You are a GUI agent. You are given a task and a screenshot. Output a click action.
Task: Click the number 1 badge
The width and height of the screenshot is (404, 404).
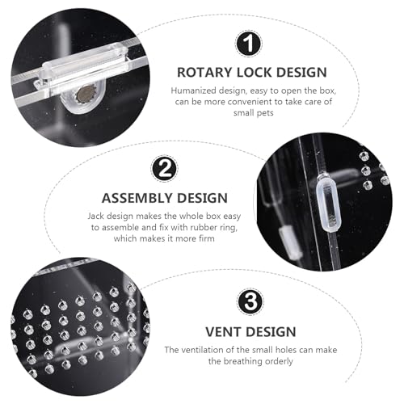248,44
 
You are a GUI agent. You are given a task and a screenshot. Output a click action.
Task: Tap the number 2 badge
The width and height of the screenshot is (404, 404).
165,169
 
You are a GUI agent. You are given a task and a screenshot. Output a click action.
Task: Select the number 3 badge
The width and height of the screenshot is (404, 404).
250,302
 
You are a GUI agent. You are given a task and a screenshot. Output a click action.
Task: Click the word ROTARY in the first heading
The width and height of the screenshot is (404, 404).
204,73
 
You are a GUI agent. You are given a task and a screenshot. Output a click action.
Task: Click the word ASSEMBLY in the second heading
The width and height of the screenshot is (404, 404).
137,198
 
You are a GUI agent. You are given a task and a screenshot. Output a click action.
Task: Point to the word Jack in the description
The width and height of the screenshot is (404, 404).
95,216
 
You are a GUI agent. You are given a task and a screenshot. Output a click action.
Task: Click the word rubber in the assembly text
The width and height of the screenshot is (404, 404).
203,227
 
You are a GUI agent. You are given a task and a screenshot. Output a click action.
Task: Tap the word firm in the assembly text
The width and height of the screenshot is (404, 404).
207,238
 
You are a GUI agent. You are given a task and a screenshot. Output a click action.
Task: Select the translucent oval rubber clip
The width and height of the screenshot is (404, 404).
329,203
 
